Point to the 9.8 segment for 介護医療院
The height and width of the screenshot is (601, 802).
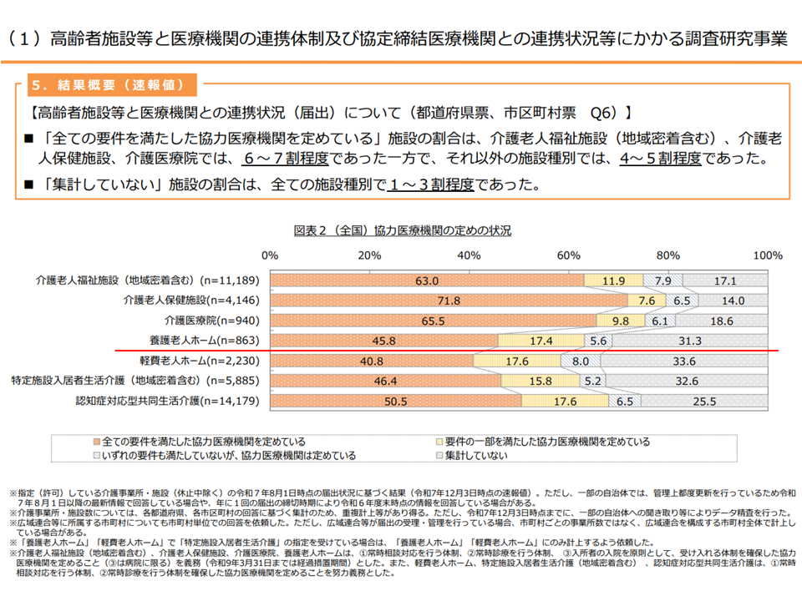[x=620, y=321]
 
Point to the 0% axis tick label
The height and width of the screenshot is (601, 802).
[x=270, y=255]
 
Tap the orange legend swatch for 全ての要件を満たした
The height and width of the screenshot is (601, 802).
[x=99, y=442]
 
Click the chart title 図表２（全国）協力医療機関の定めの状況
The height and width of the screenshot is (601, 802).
[x=402, y=230]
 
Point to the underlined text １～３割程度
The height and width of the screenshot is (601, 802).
[x=431, y=184]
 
